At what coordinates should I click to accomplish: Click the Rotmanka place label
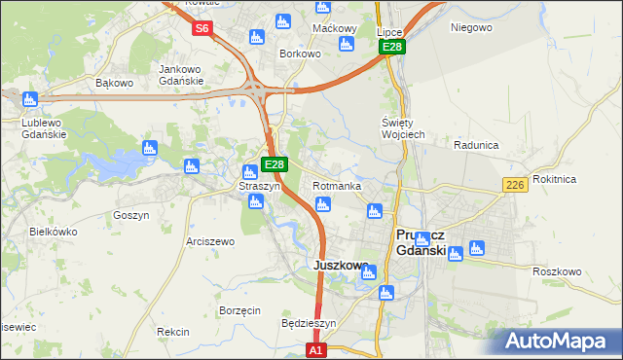click(338, 186)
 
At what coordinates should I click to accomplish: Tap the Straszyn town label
click(260, 185)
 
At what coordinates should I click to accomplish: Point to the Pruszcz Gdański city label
click(421, 242)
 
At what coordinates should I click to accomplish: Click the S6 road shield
click(202, 28)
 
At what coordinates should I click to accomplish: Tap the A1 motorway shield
click(315, 349)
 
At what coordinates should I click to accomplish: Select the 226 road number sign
click(516, 185)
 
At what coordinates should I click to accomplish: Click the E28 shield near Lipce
click(392, 47)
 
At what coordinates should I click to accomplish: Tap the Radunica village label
click(476, 145)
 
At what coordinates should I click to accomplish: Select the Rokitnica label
click(582, 179)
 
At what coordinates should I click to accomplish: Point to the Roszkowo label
click(557, 271)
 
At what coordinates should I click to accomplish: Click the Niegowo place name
click(471, 27)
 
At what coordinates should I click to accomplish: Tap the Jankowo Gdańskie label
click(181, 75)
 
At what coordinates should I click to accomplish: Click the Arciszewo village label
click(210, 240)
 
